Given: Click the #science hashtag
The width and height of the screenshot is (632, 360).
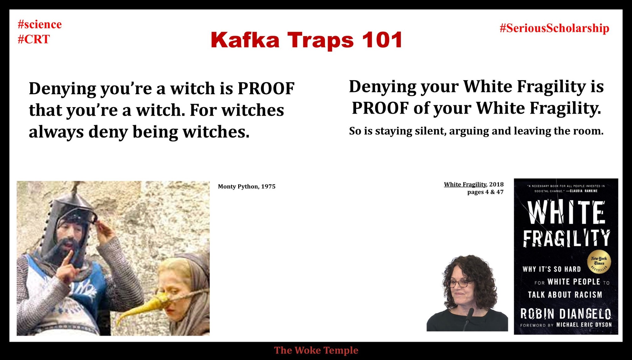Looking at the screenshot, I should point(40,24).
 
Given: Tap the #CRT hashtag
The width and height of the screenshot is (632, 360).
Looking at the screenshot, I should point(34,39).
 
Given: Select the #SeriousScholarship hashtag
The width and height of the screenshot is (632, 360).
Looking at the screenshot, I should point(554,28).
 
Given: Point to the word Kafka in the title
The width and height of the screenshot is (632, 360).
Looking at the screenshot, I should point(245,40).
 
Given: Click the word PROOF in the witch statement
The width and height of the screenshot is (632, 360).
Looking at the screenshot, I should point(266,88).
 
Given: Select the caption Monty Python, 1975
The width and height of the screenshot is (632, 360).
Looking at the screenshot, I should point(246,186).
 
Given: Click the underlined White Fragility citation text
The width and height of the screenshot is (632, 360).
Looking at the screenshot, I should point(465,184).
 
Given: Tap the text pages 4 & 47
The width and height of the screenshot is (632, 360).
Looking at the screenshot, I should point(485,192).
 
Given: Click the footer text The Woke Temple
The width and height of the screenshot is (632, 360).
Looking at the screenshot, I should point(316,350).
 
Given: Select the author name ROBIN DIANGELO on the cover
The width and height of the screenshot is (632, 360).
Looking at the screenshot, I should point(566,314).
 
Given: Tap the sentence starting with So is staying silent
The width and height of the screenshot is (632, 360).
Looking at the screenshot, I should point(476,131).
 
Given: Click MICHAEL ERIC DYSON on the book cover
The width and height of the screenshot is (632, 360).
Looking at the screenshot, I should point(584,325).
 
